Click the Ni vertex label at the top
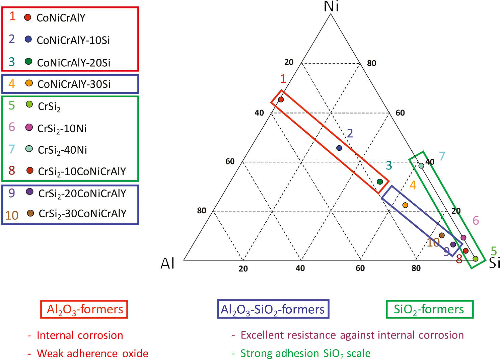331,6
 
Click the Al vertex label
168,263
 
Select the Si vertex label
494,263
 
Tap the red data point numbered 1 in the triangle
281,99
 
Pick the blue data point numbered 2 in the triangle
339,148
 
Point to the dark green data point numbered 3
380,182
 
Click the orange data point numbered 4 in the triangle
405,205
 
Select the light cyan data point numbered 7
421,165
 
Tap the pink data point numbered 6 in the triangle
463,237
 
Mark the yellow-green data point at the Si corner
475,259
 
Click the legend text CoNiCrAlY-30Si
74,84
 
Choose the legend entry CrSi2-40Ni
62,150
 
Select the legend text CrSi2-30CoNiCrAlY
82,213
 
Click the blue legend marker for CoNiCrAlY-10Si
28,40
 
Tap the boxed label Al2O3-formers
84,309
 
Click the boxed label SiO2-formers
429,309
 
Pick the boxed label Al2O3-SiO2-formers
273,309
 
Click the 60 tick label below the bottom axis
360,268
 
